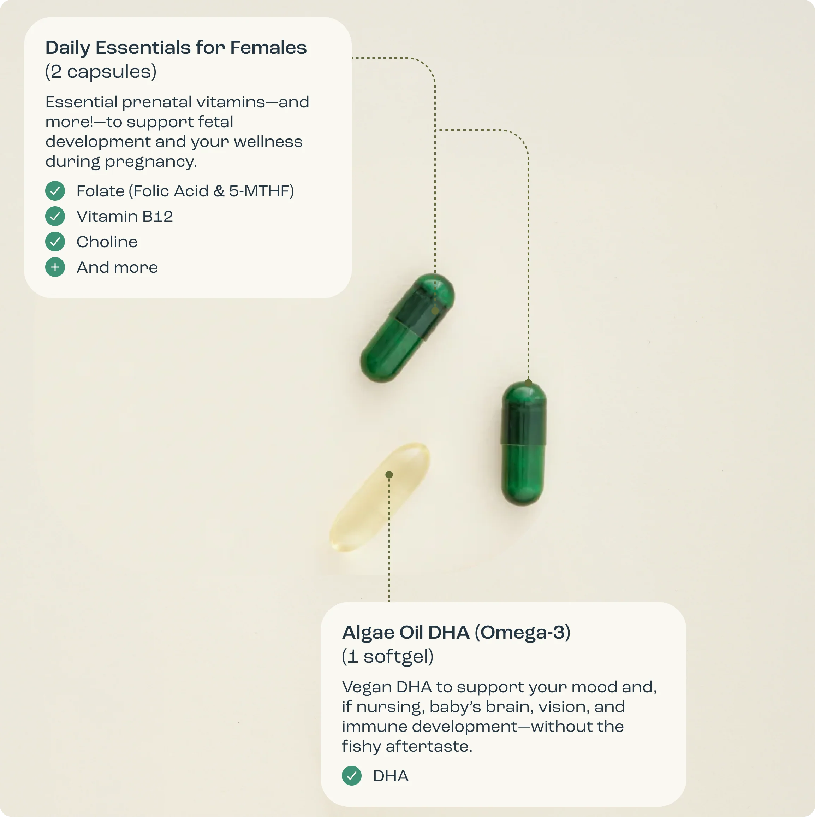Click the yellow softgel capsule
pyautogui.click(x=380, y=497)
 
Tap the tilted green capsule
pyautogui.click(x=407, y=328)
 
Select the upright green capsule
pyautogui.click(x=523, y=443)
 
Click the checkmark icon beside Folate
pyautogui.click(x=55, y=191)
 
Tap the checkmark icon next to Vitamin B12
pyautogui.click(x=55, y=216)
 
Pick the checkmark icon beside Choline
pyautogui.click(x=55, y=242)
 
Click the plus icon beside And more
pyautogui.click(x=55, y=267)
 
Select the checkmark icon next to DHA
pyautogui.click(x=352, y=776)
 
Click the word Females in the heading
pyautogui.click(x=268, y=47)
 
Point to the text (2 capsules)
pyautogui.click(x=101, y=71)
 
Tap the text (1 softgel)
pyautogui.click(x=388, y=656)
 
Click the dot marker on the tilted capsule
pyautogui.click(x=435, y=311)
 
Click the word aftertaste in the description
pyautogui.click(x=429, y=746)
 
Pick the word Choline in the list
pyautogui.click(x=107, y=242)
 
